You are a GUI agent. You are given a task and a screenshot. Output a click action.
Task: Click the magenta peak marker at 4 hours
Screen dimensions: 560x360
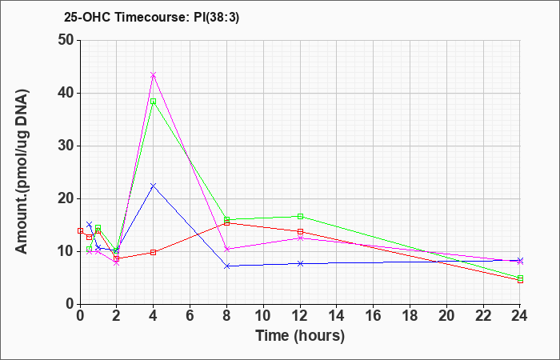154,75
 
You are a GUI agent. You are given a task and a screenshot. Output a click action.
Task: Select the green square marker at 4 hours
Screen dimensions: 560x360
154,102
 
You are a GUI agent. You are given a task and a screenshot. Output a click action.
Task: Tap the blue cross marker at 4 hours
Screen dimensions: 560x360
154,186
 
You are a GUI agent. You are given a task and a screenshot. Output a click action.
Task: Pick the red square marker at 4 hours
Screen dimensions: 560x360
154,252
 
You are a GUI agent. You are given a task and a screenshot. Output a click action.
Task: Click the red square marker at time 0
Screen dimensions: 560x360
80,230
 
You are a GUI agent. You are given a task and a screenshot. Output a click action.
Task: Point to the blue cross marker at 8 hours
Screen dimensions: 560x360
226,266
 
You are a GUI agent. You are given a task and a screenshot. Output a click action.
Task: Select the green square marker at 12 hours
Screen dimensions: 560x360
300,216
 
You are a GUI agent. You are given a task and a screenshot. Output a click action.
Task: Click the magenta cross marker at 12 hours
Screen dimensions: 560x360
300,238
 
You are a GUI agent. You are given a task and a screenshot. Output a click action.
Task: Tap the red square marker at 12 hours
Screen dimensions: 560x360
300,231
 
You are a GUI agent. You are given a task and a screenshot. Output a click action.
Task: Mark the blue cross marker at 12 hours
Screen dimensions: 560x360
300,263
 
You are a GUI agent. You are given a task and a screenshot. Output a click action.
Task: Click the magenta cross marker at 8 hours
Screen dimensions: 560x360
226,249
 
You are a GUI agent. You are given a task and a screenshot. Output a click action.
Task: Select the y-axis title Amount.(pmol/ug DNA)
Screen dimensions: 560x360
22,171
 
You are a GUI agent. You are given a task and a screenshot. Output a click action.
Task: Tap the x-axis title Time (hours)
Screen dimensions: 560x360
300,336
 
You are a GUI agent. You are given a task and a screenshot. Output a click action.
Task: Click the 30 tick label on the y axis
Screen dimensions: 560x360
66,146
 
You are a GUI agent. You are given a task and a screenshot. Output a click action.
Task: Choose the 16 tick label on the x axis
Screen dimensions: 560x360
374,315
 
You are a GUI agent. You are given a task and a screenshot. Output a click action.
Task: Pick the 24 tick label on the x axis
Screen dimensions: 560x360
520,315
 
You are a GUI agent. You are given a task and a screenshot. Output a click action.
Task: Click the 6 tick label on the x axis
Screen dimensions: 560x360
190,315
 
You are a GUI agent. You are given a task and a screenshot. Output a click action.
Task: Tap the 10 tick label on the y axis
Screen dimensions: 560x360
66,251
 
